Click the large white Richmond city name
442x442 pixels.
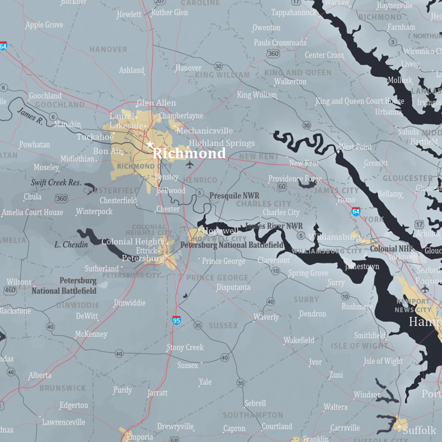pyautogui.click(x=189, y=153)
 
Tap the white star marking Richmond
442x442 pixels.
pyautogui.click(x=150, y=144)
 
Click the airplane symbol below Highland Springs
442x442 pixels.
pyautogui.click(x=189, y=164)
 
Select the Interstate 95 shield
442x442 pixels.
pyautogui.click(x=176, y=320)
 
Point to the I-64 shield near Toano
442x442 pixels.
pyautogui.click(x=356, y=211)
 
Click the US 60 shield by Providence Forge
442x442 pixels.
pyautogui.click(x=282, y=187)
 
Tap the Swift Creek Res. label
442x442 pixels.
pyautogui.click(x=56, y=183)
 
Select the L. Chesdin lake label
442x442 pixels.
pyautogui.click(x=71, y=245)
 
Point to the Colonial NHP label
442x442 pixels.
pyautogui.click(x=391, y=249)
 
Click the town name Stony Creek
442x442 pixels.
pyautogui.click(x=185, y=347)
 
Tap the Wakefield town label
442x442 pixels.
pyautogui.click(x=299, y=341)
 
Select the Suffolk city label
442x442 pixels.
pyautogui.click(x=420, y=430)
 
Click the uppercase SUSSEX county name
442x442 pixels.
pyautogui.click(x=223, y=325)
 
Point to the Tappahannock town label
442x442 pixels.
pyautogui.click(x=294, y=13)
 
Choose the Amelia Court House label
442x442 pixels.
pyautogui.click(x=32, y=212)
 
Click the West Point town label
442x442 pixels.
pyautogui.click(x=355, y=147)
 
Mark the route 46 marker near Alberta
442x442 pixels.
pyautogui.click(x=11, y=372)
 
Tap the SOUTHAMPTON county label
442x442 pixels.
pyautogui.click(x=253, y=415)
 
